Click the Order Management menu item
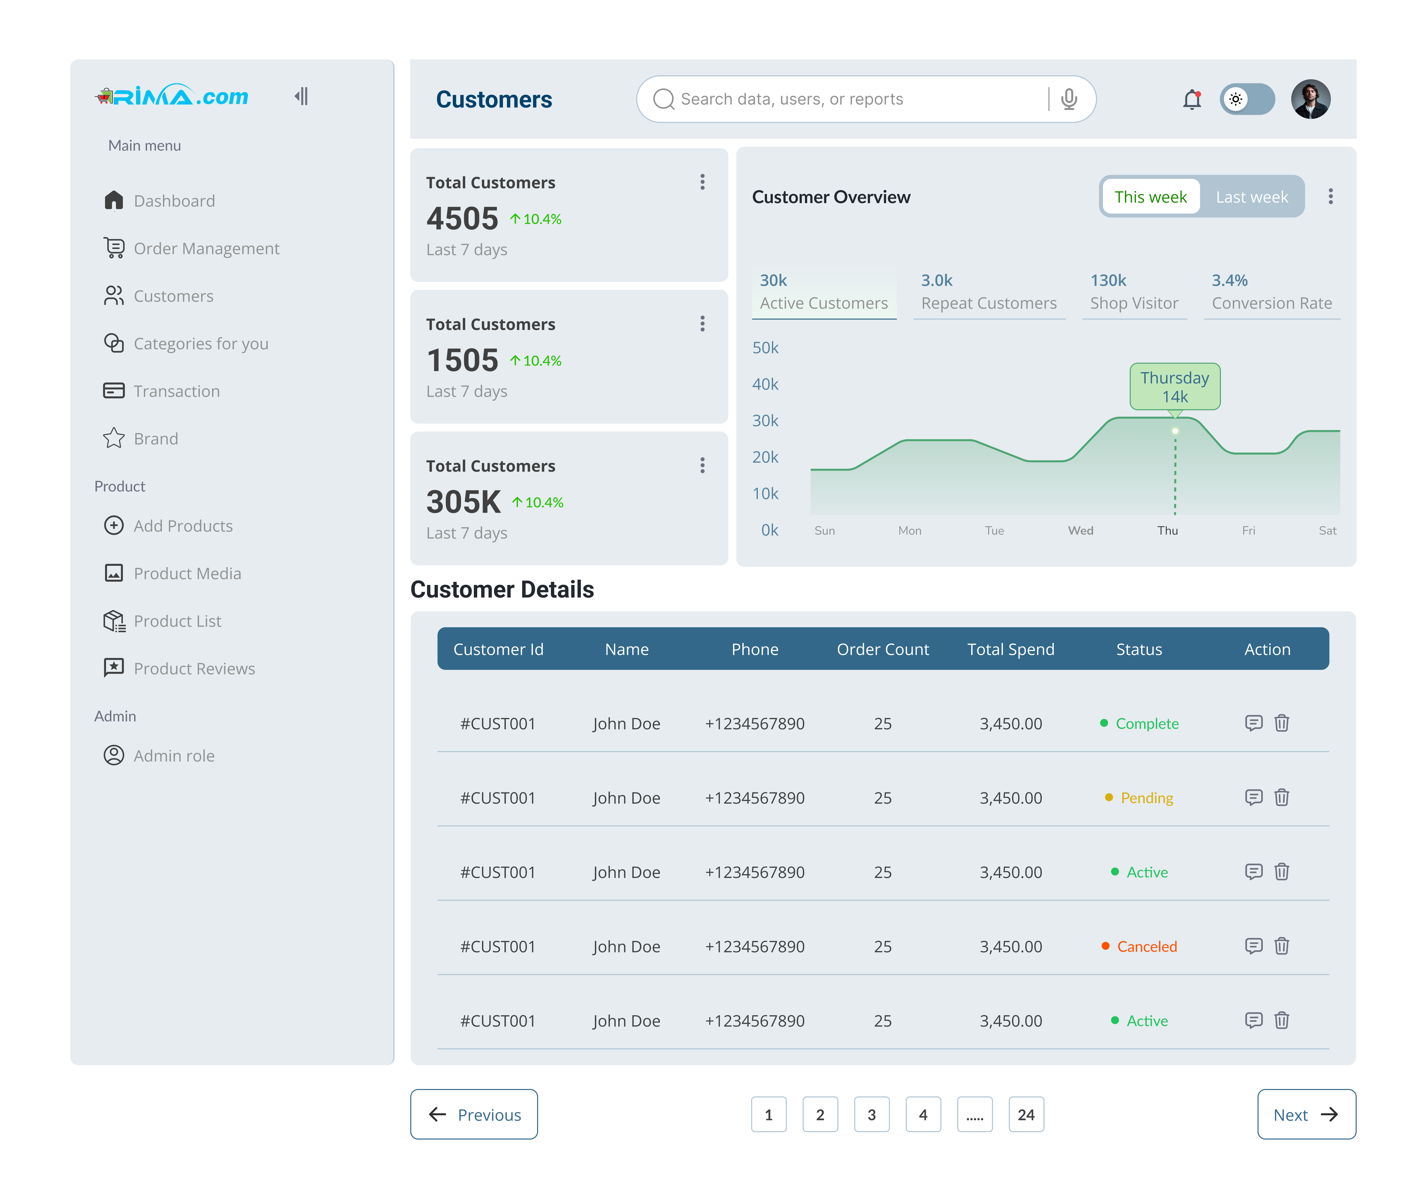(206, 249)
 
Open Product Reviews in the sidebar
(194, 669)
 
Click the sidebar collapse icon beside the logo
(301, 97)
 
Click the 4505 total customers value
(462, 219)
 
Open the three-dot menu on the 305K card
(702, 465)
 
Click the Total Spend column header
(1010, 649)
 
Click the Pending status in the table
(1146, 798)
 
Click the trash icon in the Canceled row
(1282, 946)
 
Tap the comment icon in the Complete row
(1253, 723)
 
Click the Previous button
(474, 1115)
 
